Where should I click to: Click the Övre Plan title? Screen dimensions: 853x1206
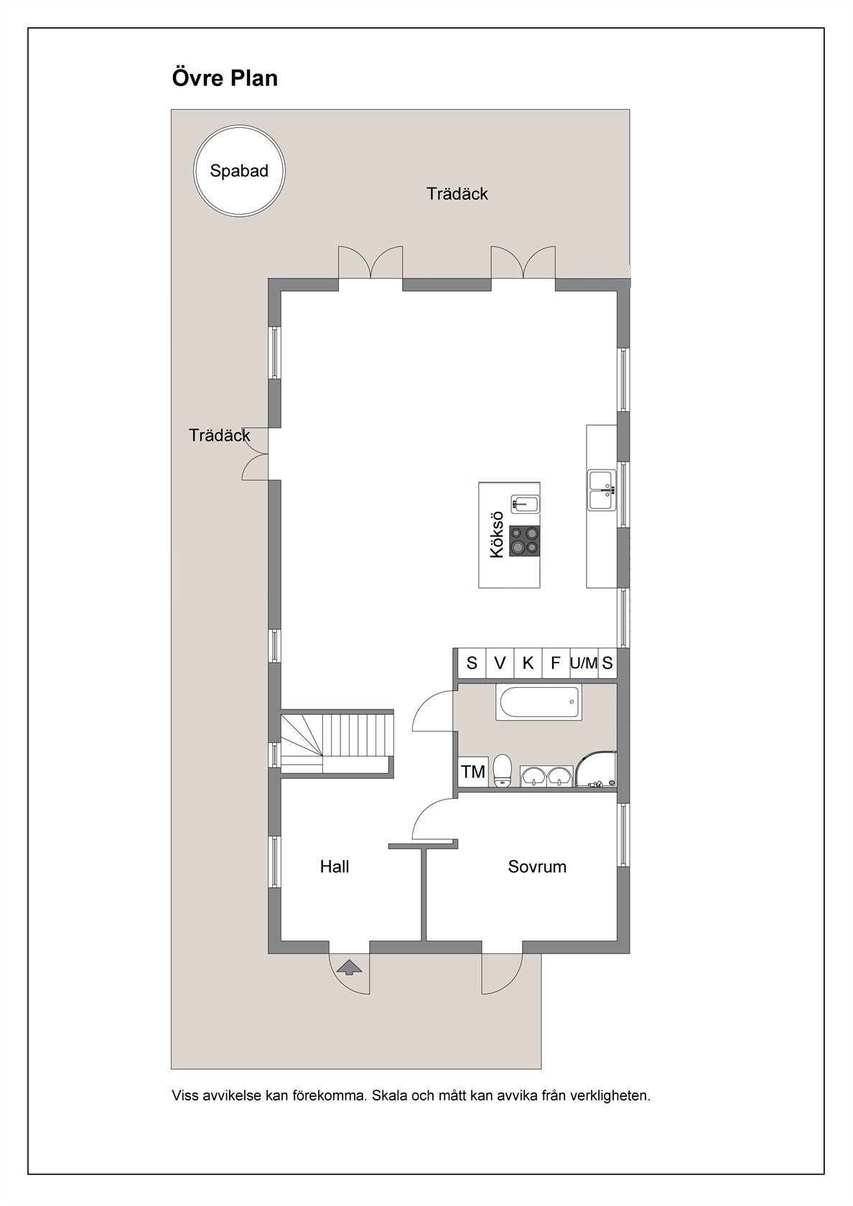225,78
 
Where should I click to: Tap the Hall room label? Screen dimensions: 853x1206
335,866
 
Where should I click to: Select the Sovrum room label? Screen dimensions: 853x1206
537,866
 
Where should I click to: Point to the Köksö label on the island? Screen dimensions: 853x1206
497,535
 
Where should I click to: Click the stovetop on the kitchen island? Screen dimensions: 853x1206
524,541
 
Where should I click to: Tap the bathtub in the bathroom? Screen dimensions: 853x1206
539,702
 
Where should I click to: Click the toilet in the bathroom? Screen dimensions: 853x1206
503,770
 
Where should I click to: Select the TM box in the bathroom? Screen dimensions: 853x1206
472,772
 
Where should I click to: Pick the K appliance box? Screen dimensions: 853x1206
528,663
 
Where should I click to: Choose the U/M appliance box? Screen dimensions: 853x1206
584,663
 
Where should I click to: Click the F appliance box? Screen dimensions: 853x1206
556,663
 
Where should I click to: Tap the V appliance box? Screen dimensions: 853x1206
500,663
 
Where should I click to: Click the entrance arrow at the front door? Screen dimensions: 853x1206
349,967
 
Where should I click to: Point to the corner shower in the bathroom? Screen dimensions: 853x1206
596,769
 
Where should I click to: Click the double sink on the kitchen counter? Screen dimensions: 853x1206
602,490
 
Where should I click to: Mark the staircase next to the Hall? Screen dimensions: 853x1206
337,743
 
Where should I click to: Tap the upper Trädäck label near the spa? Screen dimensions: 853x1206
457,194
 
